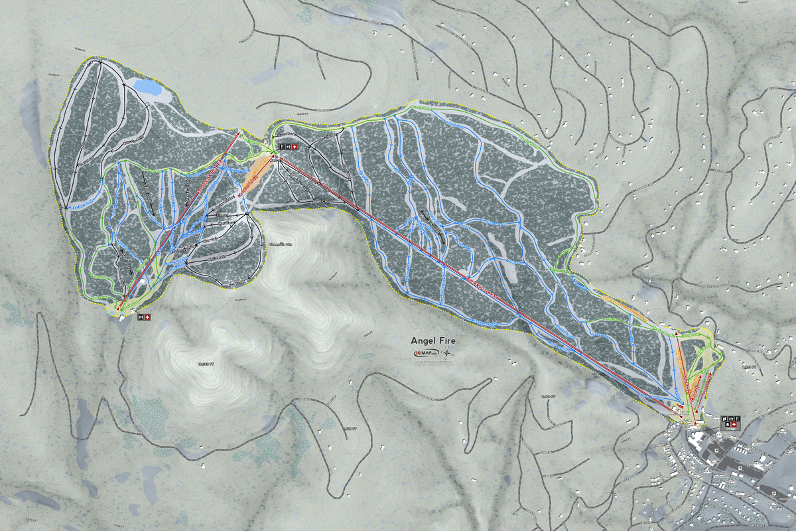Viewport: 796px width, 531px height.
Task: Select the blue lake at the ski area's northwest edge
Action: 148,87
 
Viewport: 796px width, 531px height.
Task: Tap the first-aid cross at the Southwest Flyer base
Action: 147,317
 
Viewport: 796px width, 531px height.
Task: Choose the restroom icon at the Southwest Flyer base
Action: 141,317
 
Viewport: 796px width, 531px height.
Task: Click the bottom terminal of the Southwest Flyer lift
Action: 119,308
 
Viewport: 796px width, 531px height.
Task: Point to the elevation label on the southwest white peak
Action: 207,364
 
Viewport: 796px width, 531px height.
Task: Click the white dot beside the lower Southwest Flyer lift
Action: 142,281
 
